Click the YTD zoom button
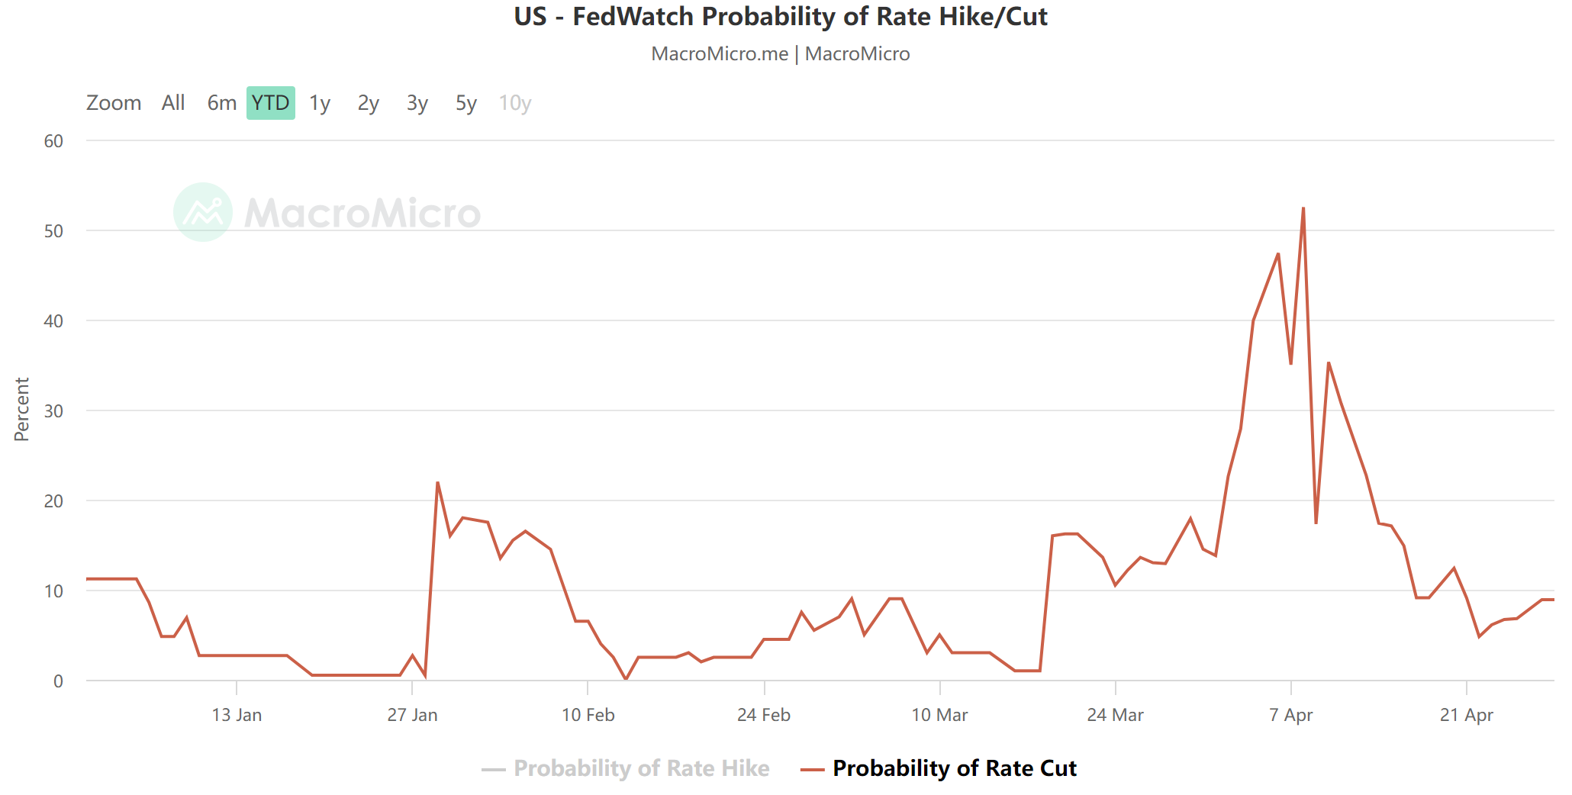[270, 103]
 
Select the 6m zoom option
[221, 103]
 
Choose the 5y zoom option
[465, 103]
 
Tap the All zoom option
[173, 103]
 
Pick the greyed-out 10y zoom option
[514, 103]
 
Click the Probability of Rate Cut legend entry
[954, 768]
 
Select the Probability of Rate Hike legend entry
[641, 768]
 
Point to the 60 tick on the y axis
[53, 141]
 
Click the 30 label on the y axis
[53, 411]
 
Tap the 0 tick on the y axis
[58, 681]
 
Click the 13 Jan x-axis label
[237, 715]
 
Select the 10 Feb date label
[588, 715]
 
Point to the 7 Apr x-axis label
[1290, 715]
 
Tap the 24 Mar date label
[1115, 715]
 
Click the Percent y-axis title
[21, 409]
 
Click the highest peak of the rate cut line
[1303, 208]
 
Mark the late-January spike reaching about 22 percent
[437, 483]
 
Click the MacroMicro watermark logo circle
[203, 212]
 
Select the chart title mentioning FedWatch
[780, 17]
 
